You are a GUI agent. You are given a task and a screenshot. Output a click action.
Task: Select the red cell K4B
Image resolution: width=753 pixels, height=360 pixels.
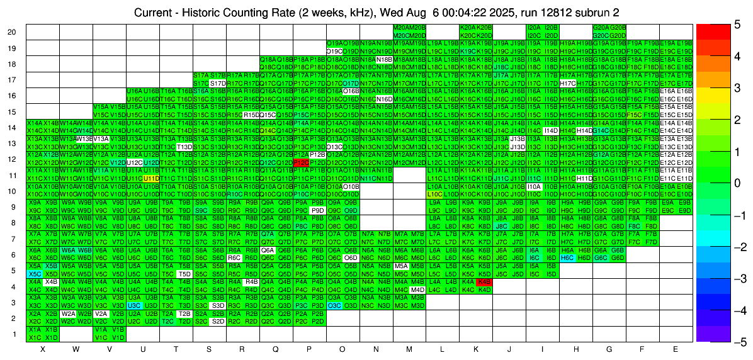point(484,282)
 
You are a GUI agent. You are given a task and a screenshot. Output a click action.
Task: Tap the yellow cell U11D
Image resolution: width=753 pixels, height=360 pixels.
point(150,178)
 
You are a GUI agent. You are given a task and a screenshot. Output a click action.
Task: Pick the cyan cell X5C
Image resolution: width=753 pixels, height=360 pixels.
point(34,274)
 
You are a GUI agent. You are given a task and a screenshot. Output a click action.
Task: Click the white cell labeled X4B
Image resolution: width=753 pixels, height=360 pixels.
point(51,282)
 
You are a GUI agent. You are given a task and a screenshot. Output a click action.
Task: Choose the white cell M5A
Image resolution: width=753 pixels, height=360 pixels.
point(400,266)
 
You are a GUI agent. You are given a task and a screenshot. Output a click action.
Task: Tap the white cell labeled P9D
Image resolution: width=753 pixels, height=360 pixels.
point(317,210)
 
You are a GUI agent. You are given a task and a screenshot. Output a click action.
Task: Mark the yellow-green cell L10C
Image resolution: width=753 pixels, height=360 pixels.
point(434,194)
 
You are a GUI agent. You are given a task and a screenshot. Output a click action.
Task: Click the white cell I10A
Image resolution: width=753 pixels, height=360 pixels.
point(534,186)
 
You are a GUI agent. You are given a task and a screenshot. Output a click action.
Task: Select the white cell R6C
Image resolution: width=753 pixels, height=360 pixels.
point(234,258)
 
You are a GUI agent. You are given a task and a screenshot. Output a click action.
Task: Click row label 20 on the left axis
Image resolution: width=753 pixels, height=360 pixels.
point(12,32)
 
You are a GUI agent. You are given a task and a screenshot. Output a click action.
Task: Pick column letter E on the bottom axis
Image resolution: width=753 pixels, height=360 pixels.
point(676,349)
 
